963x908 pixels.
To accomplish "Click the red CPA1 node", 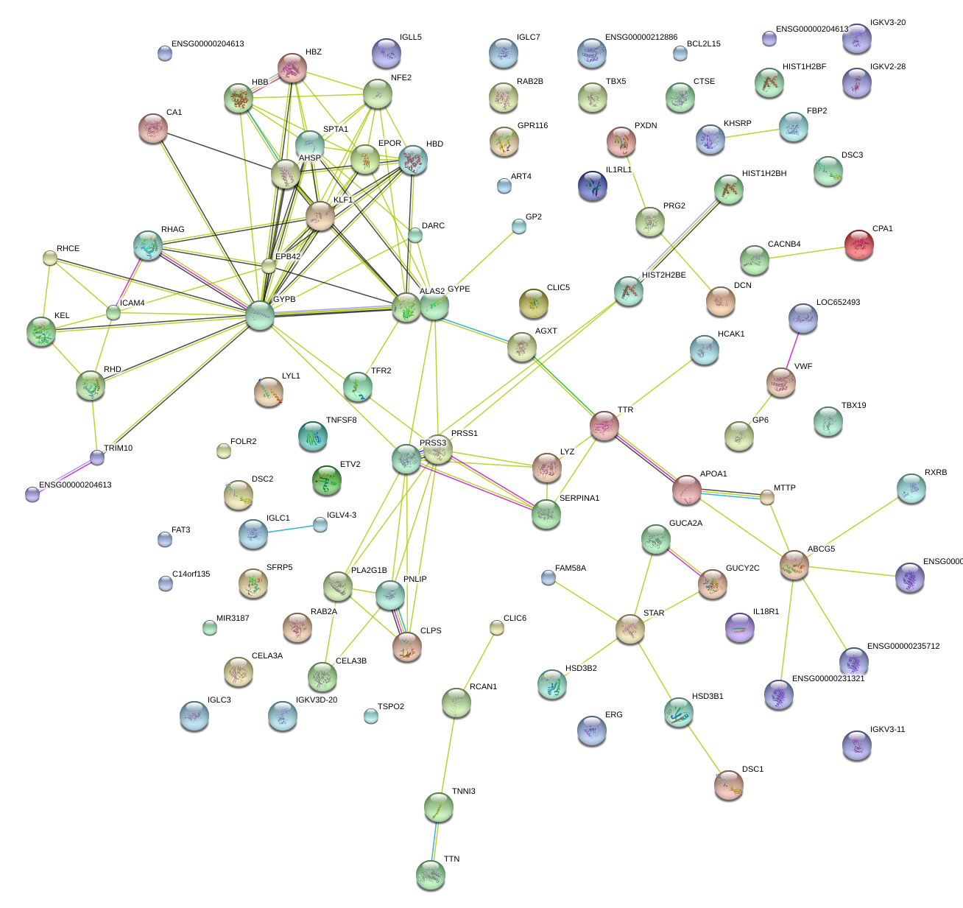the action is pos(858,244).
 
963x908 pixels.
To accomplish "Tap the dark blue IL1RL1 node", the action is pos(593,186).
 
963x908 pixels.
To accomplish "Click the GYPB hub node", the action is pos(260,316).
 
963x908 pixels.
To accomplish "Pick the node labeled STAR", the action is pos(630,629).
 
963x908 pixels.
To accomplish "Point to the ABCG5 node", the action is pos(794,565).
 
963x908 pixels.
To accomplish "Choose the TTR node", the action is pos(604,425).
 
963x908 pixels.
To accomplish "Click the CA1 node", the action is pos(153,129).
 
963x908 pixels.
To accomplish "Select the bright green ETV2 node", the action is pos(327,480).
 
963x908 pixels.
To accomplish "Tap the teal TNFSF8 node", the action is pos(313,437).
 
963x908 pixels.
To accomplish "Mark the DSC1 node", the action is pos(728,785).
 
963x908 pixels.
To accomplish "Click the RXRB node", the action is pos(911,488).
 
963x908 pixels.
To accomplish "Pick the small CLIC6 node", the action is pos(497,627).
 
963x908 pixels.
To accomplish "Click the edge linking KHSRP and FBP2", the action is pos(752,134).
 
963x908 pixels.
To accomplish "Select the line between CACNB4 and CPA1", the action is pos(806,252).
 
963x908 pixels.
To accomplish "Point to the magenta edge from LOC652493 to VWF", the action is pos(792,350).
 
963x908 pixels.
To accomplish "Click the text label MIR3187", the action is pos(233,618).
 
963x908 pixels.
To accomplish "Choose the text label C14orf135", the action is pos(191,574).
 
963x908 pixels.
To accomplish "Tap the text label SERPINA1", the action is pos(579,498).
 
